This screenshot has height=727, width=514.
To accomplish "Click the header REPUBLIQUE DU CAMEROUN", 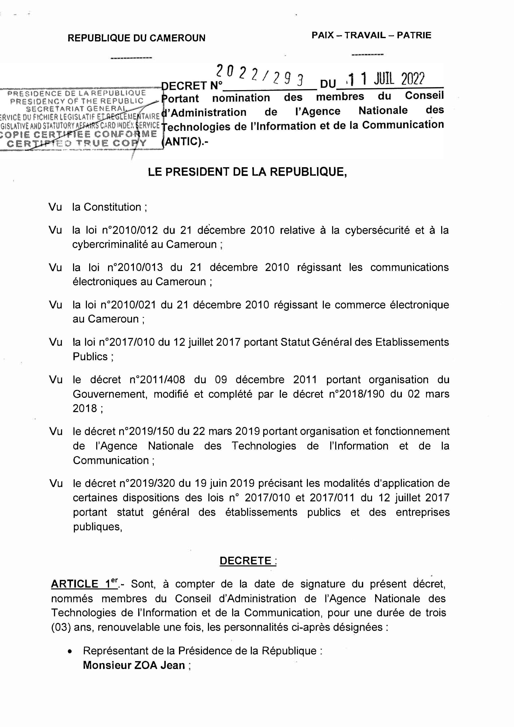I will (136, 38).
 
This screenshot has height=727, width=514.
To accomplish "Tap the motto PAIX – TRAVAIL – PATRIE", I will (371, 35).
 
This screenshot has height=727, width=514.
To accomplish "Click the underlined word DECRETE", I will (246, 561).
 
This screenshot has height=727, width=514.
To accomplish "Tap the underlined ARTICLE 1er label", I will (84, 584).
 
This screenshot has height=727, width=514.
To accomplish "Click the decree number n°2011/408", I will (157, 380).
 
